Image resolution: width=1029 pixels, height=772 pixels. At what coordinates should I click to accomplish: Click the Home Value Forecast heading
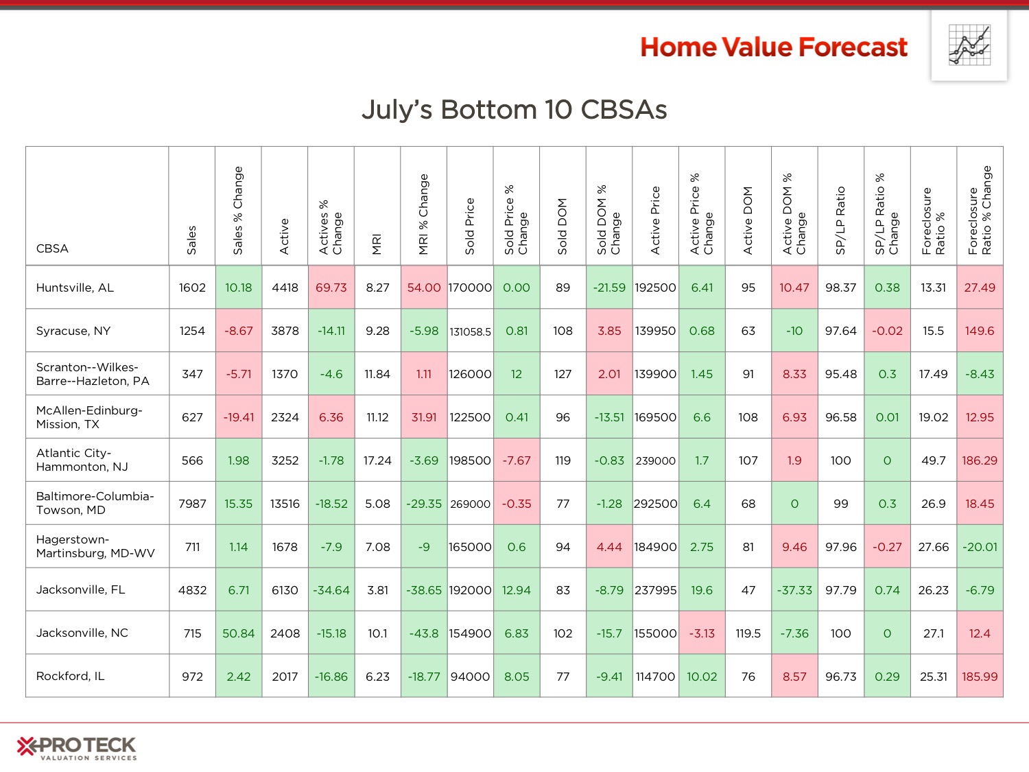click(x=774, y=47)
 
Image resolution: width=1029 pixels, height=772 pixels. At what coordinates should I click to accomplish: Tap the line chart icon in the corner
click(x=969, y=45)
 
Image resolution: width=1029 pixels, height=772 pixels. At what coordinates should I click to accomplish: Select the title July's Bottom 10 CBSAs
click(x=514, y=110)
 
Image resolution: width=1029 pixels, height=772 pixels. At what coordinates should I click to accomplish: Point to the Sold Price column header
click(x=470, y=226)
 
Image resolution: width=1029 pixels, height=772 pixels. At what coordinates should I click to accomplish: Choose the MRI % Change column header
click(x=423, y=214)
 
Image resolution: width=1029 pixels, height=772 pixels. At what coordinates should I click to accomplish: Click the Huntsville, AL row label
click(x=75, y=288)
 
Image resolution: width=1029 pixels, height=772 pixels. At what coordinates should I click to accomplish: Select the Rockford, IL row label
click(x=71, y=676)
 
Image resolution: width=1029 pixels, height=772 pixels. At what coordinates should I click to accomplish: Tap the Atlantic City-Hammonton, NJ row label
click(x=82, y=460)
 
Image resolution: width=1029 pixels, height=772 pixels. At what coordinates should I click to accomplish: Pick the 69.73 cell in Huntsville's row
click(x=331, y=288)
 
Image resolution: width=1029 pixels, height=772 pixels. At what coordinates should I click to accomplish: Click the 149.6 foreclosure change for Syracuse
click(x=980, y=331)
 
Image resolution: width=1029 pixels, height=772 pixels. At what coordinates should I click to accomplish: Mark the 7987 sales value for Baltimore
click(x=192, y=504)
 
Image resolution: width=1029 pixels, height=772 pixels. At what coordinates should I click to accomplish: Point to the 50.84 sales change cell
click(x=238, y=633)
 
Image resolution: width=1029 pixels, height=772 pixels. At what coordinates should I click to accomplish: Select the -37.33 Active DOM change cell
click(x=794, y=589)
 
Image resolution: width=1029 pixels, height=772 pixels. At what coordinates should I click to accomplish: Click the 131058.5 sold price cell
click(x=470, y=331)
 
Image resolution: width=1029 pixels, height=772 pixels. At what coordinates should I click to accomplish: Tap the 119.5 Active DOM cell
click(x=748, y=633)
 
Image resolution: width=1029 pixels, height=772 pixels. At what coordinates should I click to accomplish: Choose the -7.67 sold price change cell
click(x=516, y=460)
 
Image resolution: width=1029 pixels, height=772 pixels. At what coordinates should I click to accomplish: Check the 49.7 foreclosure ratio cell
click(x=933, y=460)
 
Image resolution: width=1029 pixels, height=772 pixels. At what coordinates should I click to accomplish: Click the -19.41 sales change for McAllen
click(x=238, y=417)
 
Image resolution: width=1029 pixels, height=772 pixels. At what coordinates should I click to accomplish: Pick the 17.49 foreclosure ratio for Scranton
click(x=933, y=373)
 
